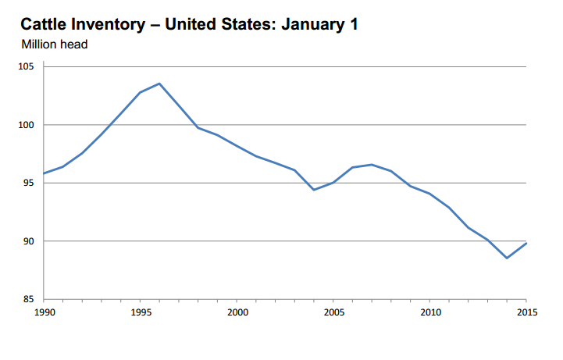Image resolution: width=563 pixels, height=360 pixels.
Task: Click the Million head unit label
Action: pyautogui.click(x=54, y=45)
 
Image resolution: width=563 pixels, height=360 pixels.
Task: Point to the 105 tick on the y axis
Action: pyautogui.click(x=29, y=67)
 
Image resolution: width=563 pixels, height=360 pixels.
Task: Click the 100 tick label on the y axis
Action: pyautogui.click(x=29, y=125)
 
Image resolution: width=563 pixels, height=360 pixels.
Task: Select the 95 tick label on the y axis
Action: pyautogui.click(x=31, y=184)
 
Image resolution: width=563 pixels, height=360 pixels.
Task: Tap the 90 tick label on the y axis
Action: pyautogui.click(x=31, y=241)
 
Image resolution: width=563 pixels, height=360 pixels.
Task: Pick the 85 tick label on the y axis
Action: pyautogui.click(x=31, y=300)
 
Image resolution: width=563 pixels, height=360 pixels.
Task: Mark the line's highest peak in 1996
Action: pyautogui.click(x=159, y=84)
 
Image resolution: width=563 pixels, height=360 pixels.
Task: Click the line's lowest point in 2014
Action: pyautogui.click(x=507, y=258)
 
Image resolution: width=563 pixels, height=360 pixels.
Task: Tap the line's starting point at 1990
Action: pyautogui.click(x=44, y=173)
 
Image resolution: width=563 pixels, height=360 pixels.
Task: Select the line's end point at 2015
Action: pyautogui.click(x=526, y=243)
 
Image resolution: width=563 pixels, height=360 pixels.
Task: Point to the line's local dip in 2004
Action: pyautogui.click(x=314, y=190)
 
